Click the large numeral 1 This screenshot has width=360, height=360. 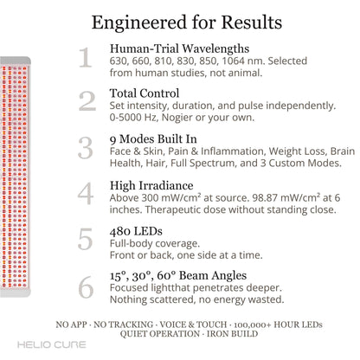tap(86, 57)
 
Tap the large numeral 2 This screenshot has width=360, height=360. tap(87, 101)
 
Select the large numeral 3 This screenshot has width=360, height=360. tap(86, 148)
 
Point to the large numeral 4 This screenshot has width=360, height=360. tap(86, 193)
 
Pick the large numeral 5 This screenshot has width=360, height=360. tap(85, 239)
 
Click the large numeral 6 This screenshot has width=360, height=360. tap(86, 286)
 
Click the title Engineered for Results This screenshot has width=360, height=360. tap(187, 22)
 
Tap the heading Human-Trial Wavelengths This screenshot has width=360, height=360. tap(179, 48)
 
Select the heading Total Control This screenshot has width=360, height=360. tap(145, 93)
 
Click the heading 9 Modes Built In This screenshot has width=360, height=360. tap(153, 139)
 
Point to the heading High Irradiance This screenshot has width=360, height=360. tap(151, 185)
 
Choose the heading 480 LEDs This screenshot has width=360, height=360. tap(136, 231)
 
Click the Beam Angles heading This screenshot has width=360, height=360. tap(178, 276)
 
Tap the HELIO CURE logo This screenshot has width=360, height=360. tap(52, 344)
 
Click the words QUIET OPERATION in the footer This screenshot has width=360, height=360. tap(160, 334)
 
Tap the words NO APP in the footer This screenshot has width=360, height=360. tap(71, 325)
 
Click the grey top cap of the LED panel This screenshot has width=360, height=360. tap(16, 61)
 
